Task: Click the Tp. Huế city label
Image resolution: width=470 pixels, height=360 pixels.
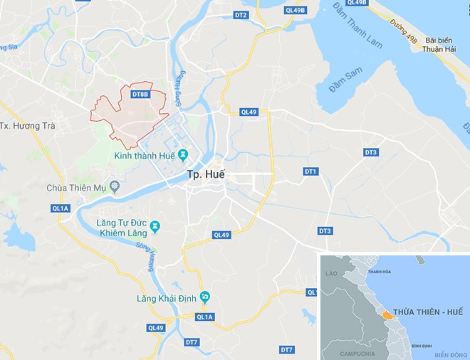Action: [x=205, y=174]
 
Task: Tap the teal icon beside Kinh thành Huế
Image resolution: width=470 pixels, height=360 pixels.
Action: [x=183, y=154]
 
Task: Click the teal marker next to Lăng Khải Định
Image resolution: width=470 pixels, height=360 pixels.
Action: [x=205, y=297]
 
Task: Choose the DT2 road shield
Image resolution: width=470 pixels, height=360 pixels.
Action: [x=241, y=15]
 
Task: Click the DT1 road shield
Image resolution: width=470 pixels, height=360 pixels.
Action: [x=310, y=171]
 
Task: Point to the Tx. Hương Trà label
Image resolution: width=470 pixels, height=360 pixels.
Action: [x=26, y=126]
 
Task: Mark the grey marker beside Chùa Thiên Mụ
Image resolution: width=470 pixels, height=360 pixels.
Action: [x=114, y=188]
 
